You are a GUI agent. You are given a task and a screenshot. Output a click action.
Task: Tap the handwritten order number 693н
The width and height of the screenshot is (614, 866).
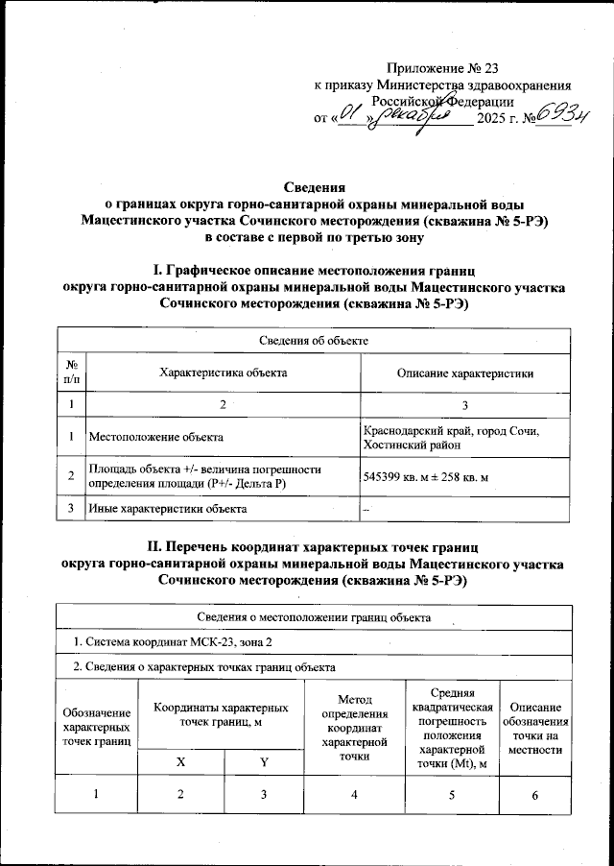[562, 118]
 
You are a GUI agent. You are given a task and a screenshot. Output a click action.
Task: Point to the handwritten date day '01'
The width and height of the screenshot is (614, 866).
[351, 117]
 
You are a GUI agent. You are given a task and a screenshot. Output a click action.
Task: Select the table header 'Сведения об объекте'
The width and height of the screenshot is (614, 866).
[314, 341]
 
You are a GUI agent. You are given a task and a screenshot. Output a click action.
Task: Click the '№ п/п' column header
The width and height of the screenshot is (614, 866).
[72, 373]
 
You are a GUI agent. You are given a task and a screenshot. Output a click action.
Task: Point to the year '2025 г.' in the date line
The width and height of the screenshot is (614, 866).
[499, 119]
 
